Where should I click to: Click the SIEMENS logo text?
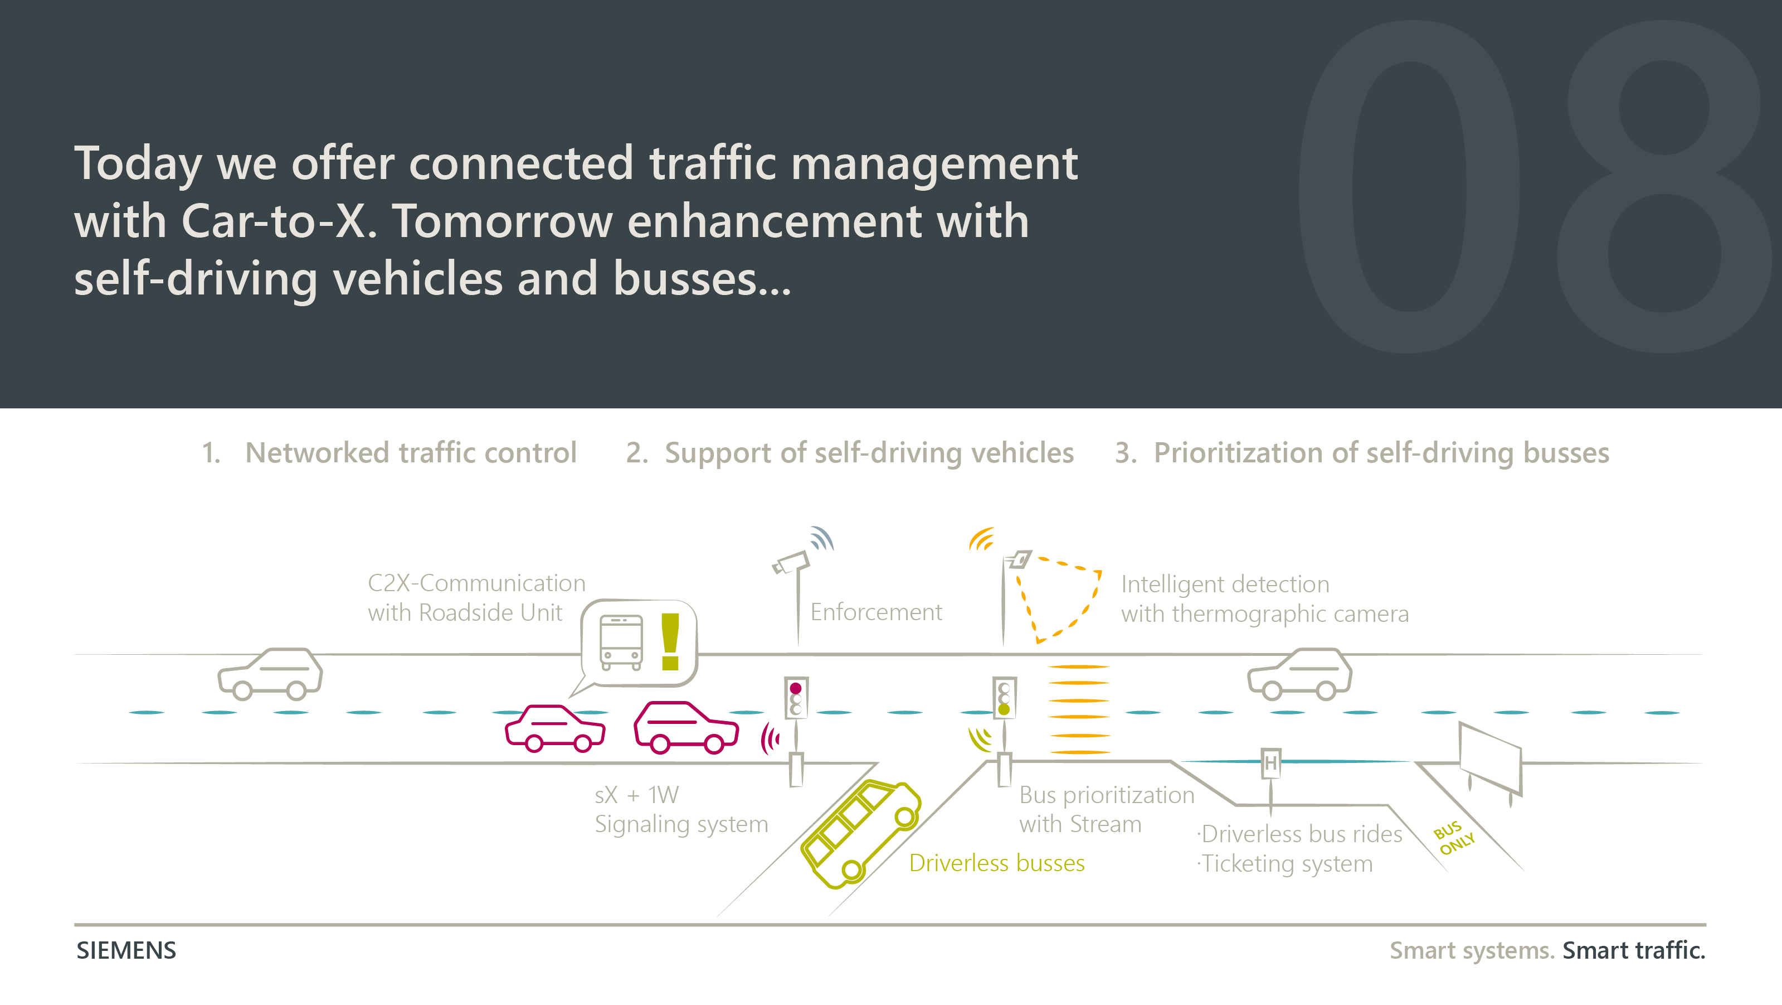(x=126, y=950)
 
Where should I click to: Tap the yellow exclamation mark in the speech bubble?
(x=670, y=641)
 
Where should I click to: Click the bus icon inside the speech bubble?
(x=621, y=642)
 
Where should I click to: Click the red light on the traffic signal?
(x=796, y=688)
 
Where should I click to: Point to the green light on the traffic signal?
(x=1004, y=709)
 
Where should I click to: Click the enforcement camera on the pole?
(x=791, y=562)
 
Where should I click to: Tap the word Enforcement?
(x=876, y=612)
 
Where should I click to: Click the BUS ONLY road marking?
(x=1454, y=838)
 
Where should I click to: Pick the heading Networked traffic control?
(x=410, y=453)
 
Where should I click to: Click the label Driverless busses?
(x=996, y=863)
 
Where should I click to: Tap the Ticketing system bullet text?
(x=1286, y=864)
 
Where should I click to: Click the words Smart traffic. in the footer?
(x=1633, y=950)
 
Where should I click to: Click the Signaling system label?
(x=681, y=824)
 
